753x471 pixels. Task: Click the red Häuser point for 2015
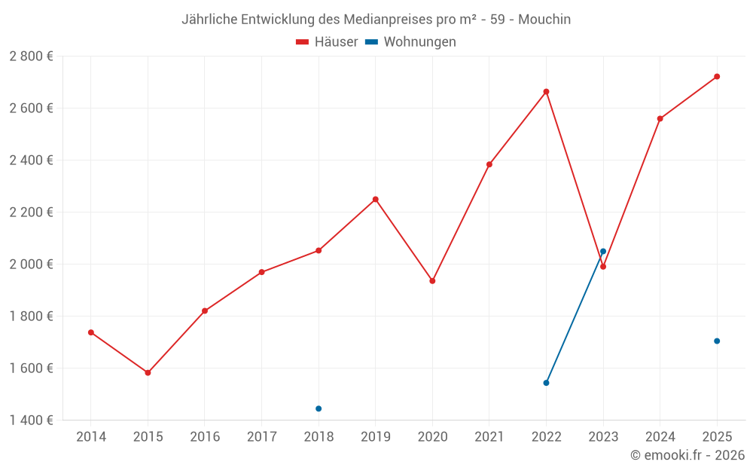[148, 372]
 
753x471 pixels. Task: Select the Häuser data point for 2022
[546, 92]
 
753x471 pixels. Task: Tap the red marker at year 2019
[375, 199]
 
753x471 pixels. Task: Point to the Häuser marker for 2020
[432, 281]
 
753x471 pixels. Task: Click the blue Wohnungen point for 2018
[319, 408]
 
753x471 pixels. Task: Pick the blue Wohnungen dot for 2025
[717, 341]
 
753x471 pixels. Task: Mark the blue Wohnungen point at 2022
[546, 383]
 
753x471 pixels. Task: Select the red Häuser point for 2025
[717, 76]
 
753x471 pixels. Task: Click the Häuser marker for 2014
[91, 332]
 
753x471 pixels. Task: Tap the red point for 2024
[660, 118]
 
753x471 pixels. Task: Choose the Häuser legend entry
[328, 42]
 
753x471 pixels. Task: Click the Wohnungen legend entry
[411, 42]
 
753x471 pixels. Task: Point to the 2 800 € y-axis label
[32, 57]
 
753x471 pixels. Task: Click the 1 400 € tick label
[32, 420]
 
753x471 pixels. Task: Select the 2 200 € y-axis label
[32, 212]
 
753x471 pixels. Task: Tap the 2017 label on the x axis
[261, 436]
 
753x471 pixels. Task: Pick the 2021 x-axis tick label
[489, 436]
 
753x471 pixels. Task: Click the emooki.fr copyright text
[687, 455]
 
